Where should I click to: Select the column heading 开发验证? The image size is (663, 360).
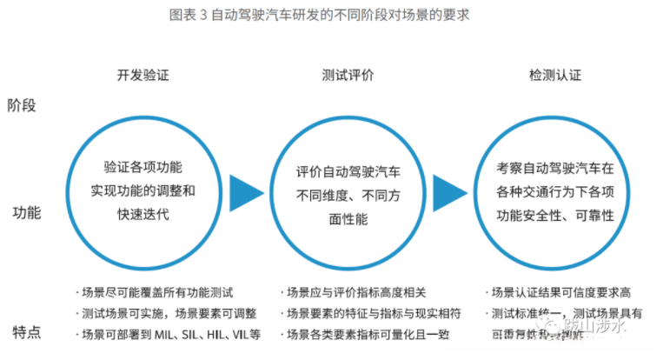[x=143, y=76]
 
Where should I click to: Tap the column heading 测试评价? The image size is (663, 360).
[x=348, y=76]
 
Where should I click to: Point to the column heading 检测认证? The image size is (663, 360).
[x=554, y=76]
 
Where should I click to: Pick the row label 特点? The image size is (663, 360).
[x=26, y=332]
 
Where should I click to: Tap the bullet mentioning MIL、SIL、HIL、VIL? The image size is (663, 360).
[x=170, y=335]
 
